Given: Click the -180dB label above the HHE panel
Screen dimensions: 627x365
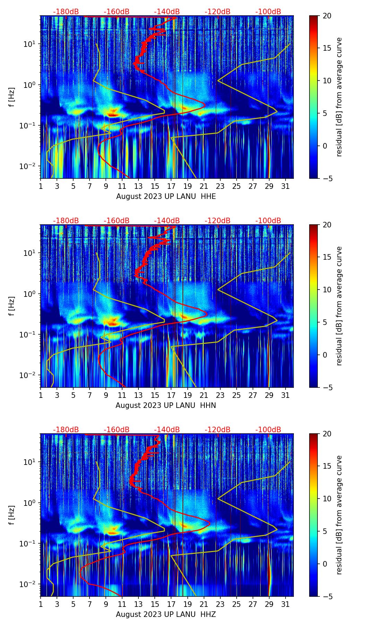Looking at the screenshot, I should (x=66, y=12).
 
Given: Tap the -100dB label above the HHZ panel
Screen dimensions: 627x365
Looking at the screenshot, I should (x=268, y=430).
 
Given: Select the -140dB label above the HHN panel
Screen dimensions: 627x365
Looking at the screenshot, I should (x=167, y=221).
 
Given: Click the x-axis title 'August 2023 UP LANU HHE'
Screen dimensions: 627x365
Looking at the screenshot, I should (x=166, y=197).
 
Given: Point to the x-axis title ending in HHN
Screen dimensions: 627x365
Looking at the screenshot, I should (x=165, y=406).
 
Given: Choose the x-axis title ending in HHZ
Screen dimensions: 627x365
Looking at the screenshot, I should (x=165, y=615).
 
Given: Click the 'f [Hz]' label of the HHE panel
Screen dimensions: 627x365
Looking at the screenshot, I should (x=12, y=97).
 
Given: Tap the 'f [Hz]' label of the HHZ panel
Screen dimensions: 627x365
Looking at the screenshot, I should (x=12, y=515).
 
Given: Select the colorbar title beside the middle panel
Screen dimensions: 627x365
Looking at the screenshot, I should (x=339, y=306).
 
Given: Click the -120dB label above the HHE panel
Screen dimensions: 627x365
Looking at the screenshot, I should (x=218, y=12).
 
